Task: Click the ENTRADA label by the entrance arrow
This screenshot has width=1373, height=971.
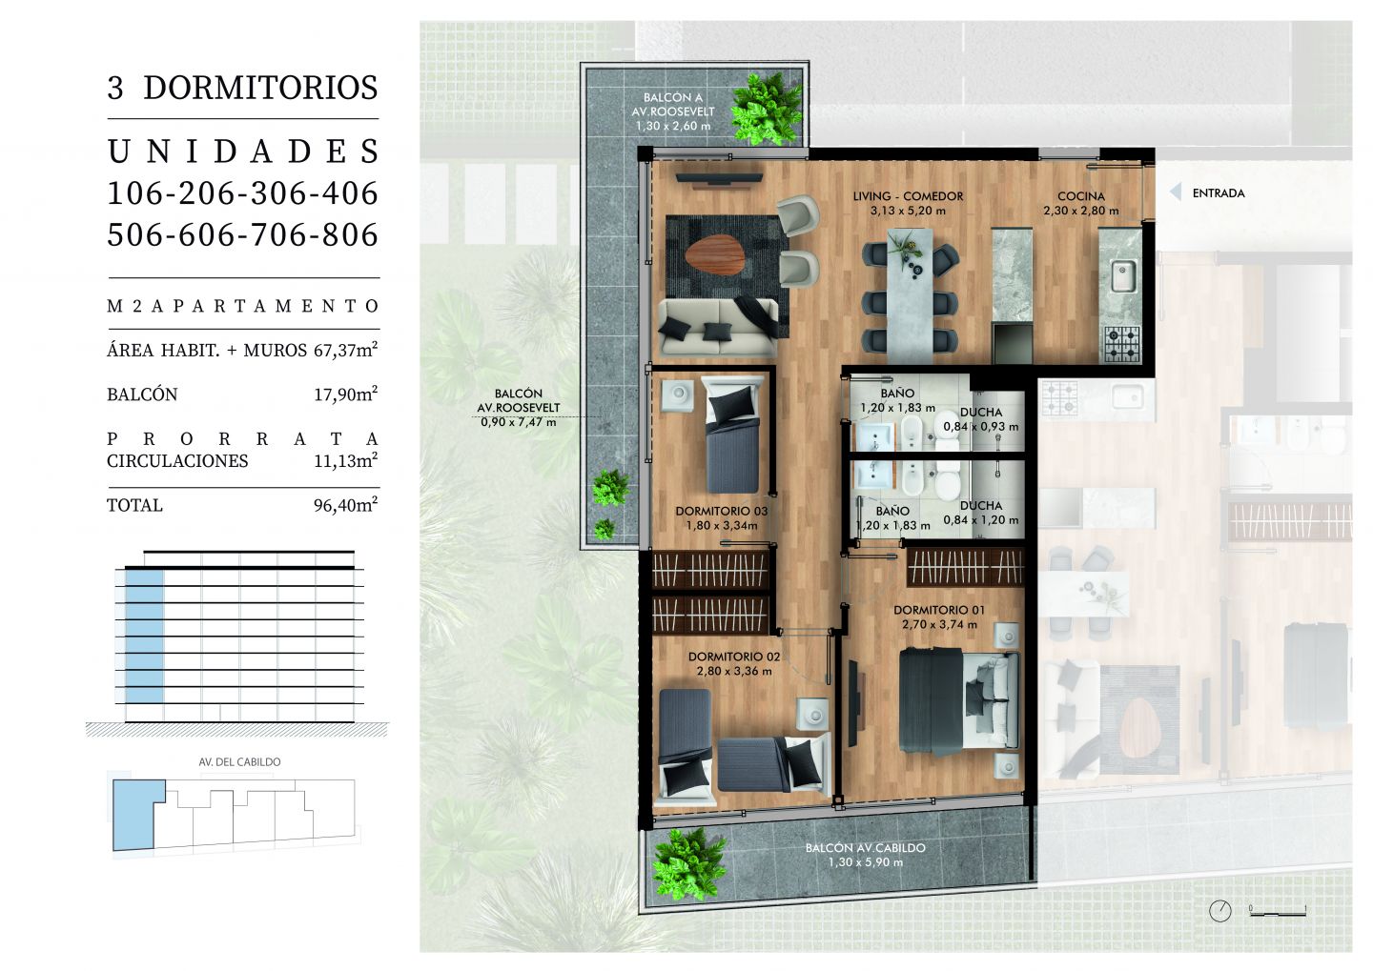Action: coord(1219,193)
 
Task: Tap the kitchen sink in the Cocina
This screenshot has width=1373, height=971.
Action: coord(1123,275)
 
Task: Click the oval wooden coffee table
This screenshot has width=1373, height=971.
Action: coord(715,258)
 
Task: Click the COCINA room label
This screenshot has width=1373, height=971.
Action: coord(1081,196)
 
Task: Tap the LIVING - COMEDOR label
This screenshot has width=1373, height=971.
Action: coord(908,196)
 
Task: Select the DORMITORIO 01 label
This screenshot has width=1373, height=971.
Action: coord(939,610)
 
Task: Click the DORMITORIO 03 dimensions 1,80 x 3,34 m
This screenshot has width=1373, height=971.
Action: coord(722,526)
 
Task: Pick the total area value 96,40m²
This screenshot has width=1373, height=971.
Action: coord(346,504)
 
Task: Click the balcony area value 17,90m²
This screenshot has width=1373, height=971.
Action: coord(346,394)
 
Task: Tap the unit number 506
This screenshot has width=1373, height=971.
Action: coord(136,234)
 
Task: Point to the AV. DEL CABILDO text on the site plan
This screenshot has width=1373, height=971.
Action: coord(239,762)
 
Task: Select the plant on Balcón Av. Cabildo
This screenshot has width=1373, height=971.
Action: coord(687,865)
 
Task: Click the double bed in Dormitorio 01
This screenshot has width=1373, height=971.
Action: coord(959,700)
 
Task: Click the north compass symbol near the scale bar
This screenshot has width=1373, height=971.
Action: coord(1219,911)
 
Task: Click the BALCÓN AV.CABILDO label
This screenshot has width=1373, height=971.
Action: coord(866,848)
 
